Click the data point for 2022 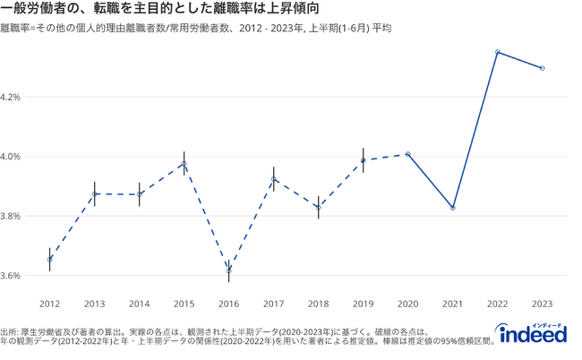click(498, 52)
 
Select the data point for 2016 click(229, 270)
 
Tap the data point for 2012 click(49, 260)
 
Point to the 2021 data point click(453, 208)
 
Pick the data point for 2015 click(184, 164)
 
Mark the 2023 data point click(543, 68)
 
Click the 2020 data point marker click(408, 154)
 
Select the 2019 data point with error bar click(363, 160)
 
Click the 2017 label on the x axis click(274, 304)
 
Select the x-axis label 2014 click(139, 304)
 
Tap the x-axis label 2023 click(543, 304)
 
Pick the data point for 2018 click(318, 207)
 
